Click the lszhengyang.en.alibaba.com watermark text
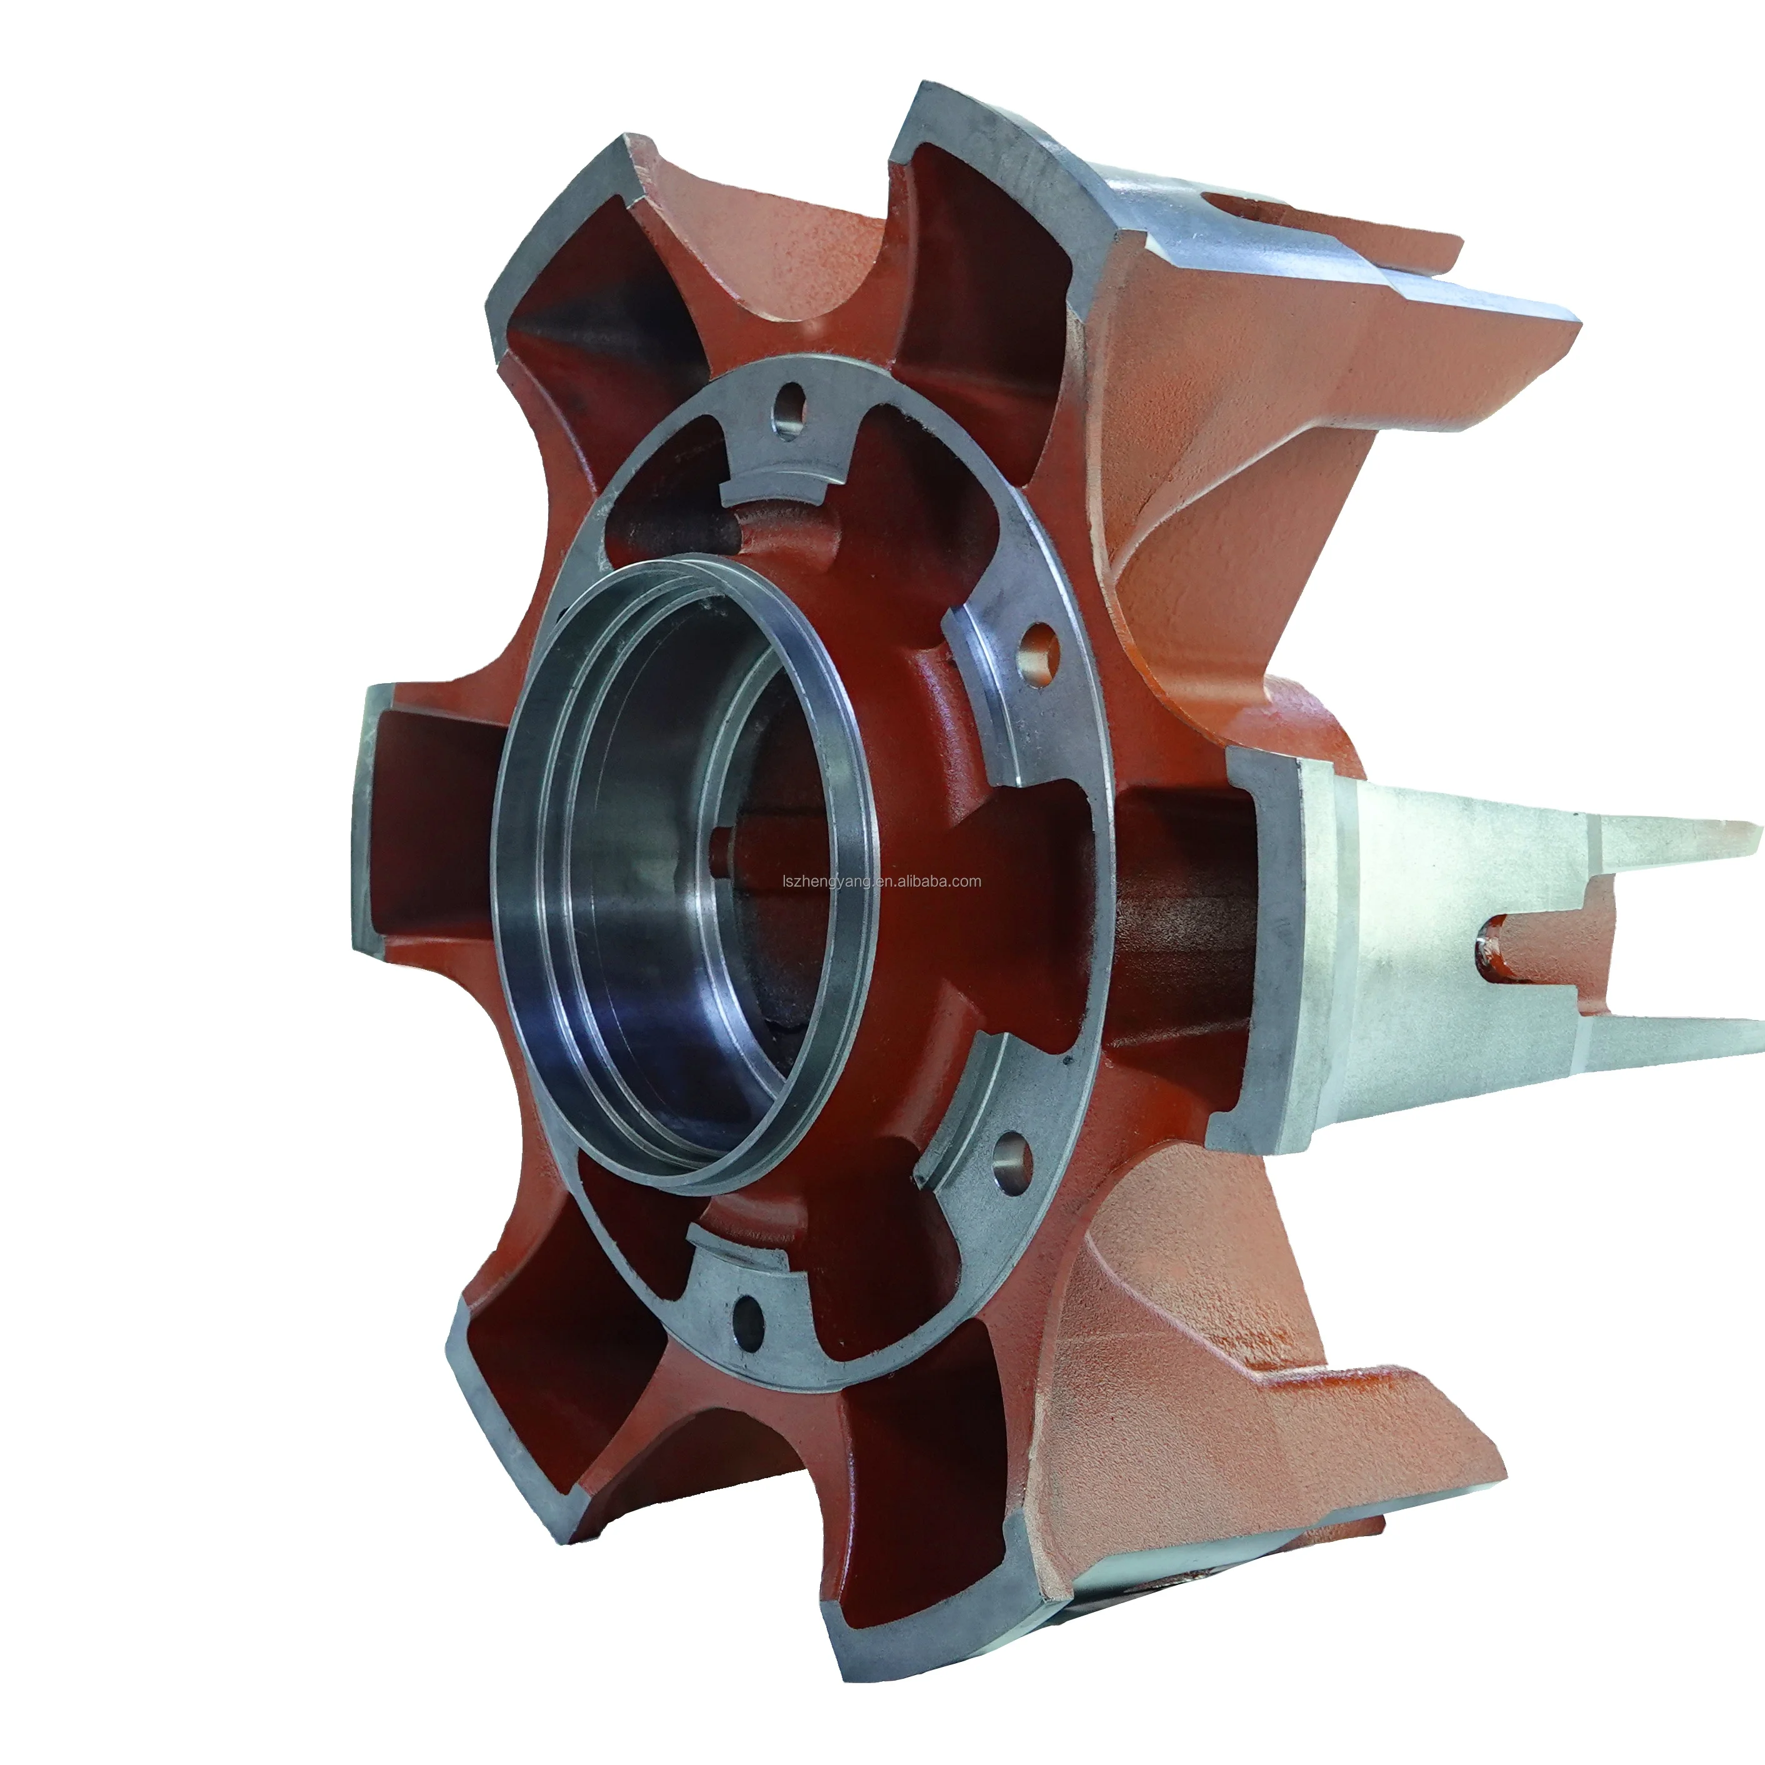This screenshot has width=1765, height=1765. click(x=882, y=882)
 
